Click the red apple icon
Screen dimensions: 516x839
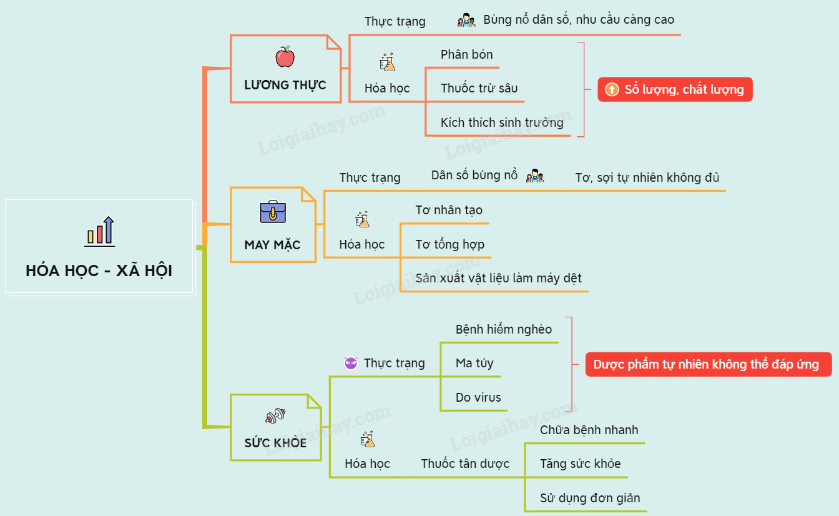coord(285,57)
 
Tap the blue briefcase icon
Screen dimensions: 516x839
coord(273,212)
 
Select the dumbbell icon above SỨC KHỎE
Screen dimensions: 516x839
coord(275,415)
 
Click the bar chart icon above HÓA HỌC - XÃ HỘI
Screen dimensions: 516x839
coord(100,231)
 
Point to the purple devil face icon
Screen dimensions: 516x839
coord(351,363)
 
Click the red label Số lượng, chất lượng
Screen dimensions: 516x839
coord(675,89)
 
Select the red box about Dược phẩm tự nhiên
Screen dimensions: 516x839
coord(709,364)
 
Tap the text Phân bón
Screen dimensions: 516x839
coord(466,54)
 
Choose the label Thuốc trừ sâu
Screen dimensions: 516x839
coord(479,88)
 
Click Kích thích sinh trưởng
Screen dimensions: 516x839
coord(502,122)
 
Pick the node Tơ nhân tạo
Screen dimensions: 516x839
coord(449,210)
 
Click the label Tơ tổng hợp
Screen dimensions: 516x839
coord(449,244)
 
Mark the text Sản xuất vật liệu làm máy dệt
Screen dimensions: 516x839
coord(498,278)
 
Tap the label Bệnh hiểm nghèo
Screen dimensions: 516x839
coord(504,329)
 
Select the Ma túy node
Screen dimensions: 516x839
coord(474,363)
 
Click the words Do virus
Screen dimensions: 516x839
coord(478,397)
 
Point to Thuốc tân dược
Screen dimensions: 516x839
coord(465,464)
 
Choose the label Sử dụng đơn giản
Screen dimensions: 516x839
coord(590,498)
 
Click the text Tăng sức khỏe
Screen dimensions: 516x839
coord(580,464)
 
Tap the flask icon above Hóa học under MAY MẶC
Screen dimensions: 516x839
coord(363,219)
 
